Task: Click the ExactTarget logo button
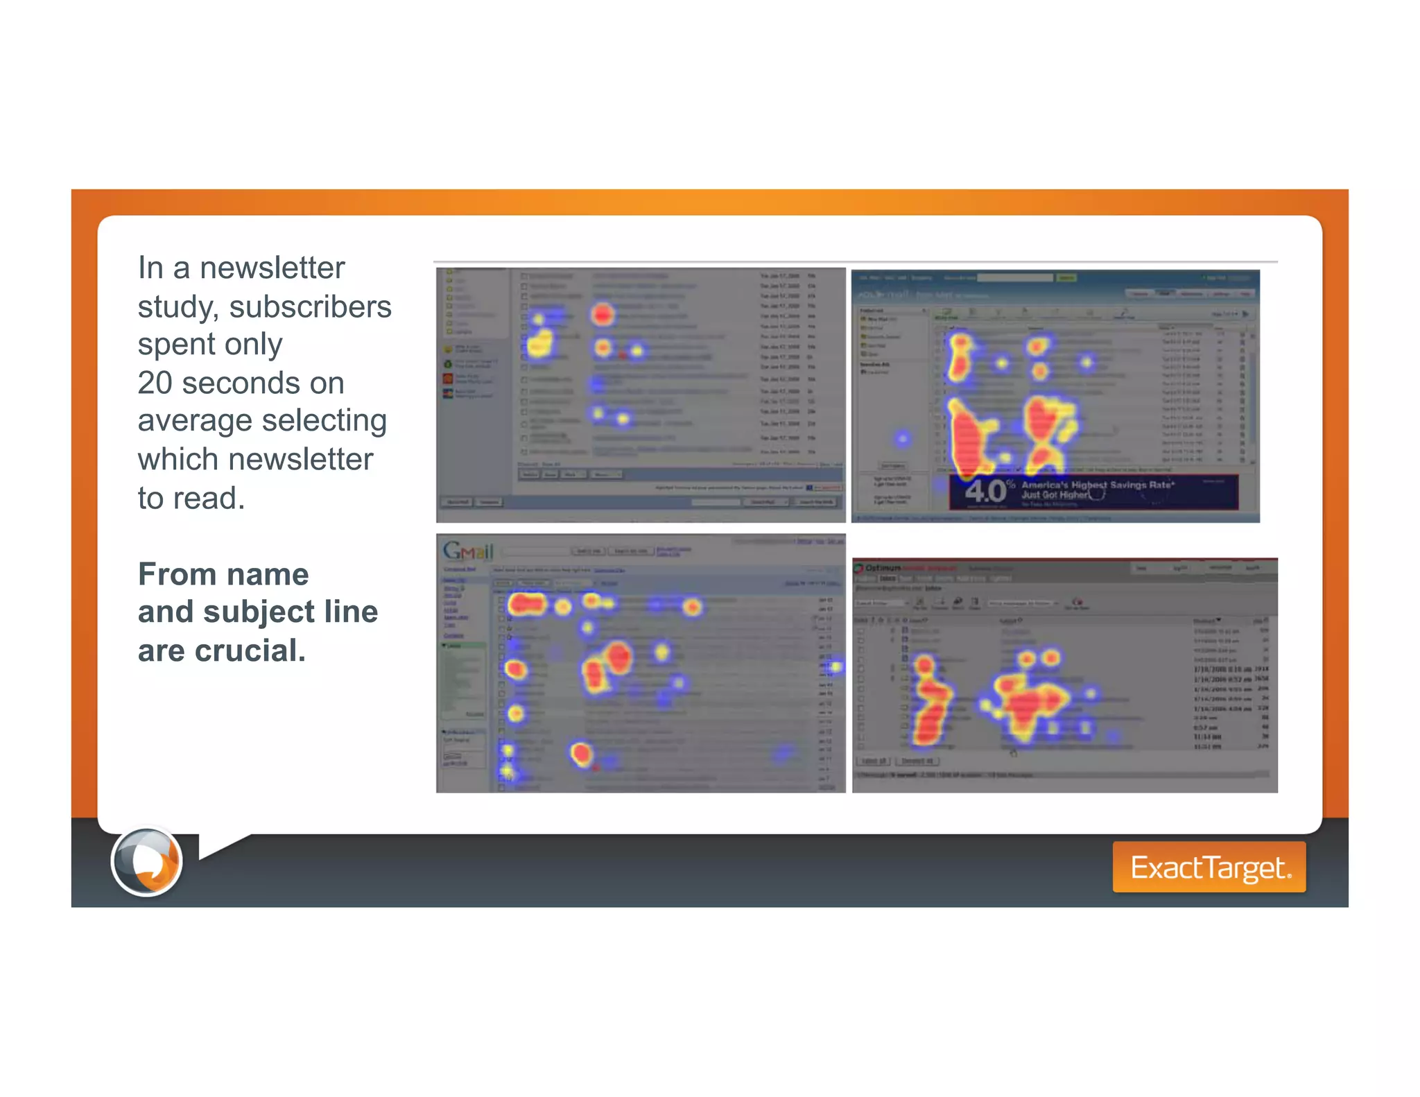point(1209,867)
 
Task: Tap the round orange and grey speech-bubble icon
point(147,862)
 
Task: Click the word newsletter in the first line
point(272,268)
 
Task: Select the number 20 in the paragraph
point(155,383)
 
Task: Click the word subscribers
point(310,306)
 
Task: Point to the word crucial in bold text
point(250,650)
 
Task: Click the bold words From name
point(223,574)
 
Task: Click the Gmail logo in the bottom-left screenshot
point(468,551)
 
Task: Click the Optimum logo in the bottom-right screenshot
point(881,568)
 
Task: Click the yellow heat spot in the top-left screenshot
point(539,343)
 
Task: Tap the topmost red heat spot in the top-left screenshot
point(603,314)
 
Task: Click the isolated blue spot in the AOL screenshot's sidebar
point(902,438)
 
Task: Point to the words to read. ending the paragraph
point(191,498)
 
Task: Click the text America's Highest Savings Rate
point(1097,485)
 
